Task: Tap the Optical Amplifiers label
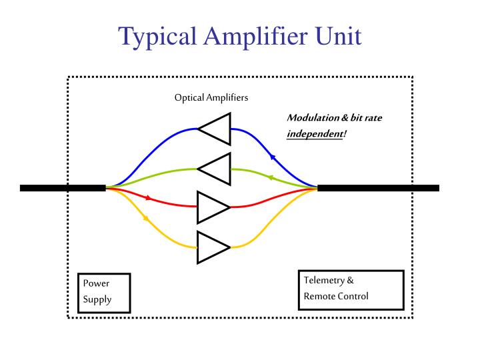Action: point(211,97)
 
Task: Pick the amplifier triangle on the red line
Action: point(212,207)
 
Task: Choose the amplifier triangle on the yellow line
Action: point(212,247)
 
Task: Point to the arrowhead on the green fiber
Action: point(270,178)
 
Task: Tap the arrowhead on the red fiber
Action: point(148,198)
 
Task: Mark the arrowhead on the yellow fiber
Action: point(145,217)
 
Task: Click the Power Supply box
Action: point(103,292)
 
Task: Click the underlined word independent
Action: point(315,134)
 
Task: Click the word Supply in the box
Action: point(97,299)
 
